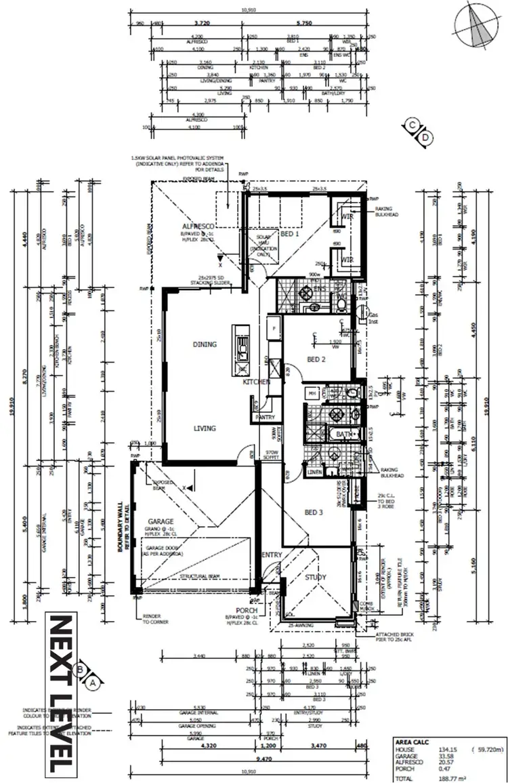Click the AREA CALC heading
(x=409, y=742)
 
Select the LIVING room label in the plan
(x=204, y=428)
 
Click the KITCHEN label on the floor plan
(x=257, y=382)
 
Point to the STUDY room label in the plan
(x=316, y=578)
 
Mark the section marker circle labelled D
(x=425, y=138)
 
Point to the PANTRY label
(x=266, y=418)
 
